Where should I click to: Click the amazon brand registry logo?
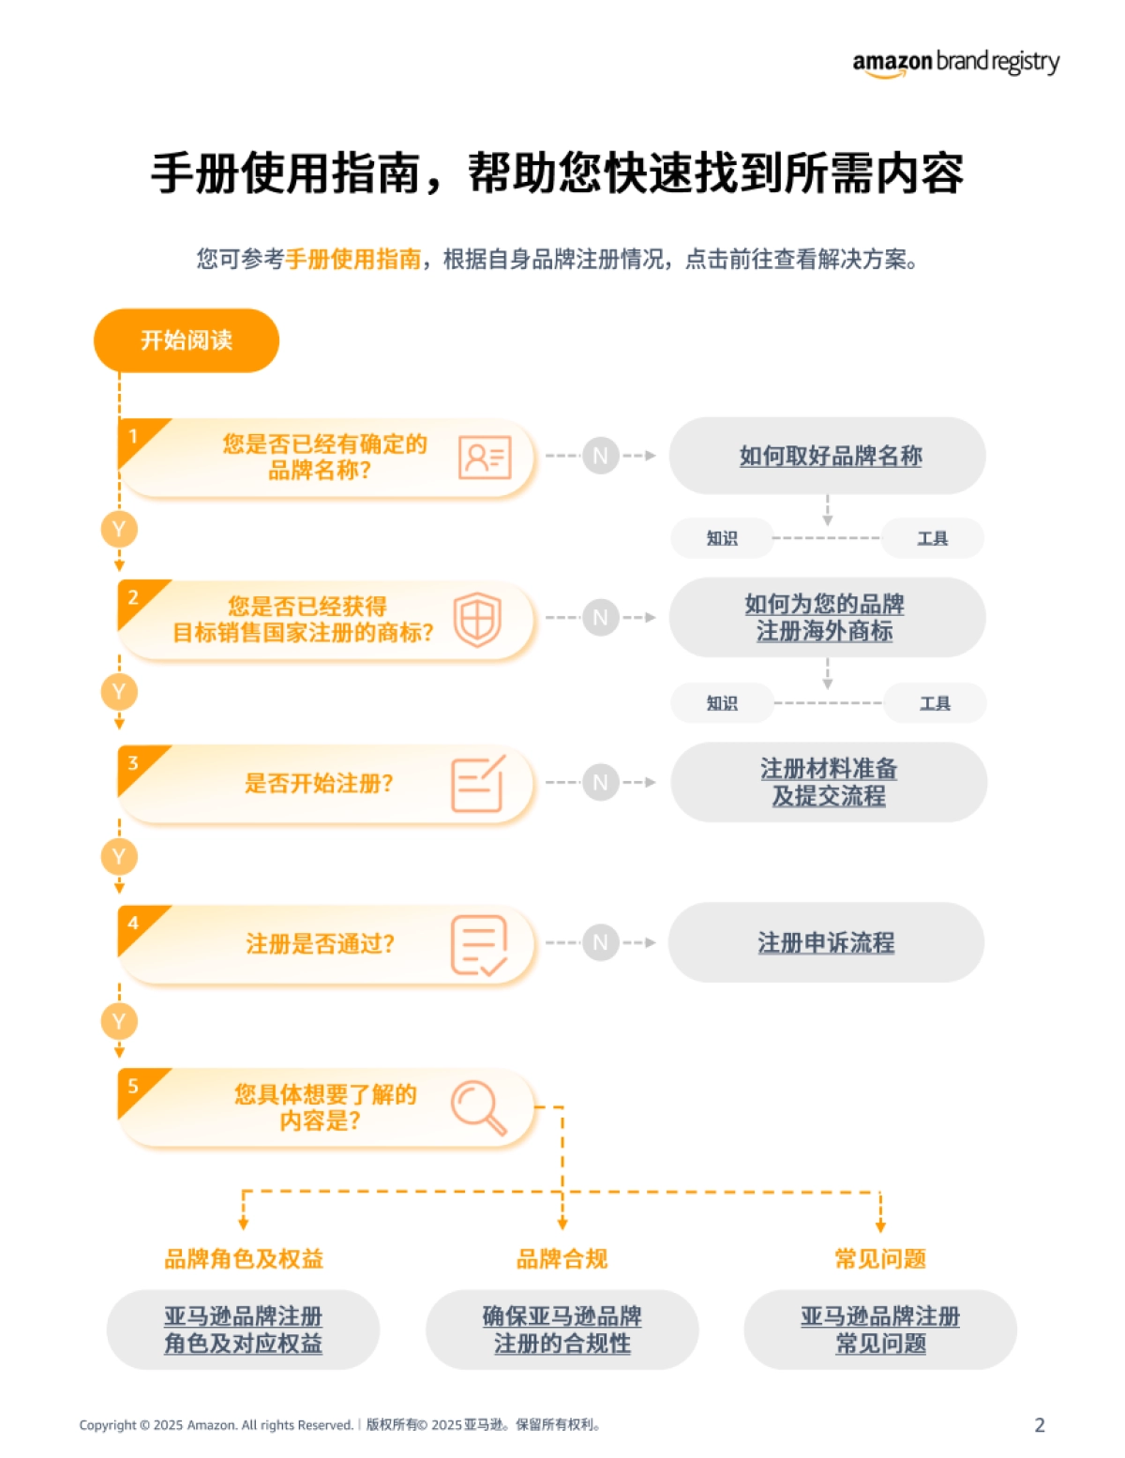tap(955, 63)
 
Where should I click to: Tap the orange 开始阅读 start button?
tap(187, 340)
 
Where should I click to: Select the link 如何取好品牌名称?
tap(830, 456)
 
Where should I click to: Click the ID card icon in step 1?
tap(484, 458)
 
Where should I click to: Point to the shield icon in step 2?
tap(477, 620)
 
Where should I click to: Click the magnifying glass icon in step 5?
tap(478, 1107)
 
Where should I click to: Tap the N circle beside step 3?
tap(600, 782)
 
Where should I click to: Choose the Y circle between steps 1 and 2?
tap(119, 530)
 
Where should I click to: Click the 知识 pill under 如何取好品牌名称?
tap(722, 538)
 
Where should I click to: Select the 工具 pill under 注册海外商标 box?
tap(935, 703)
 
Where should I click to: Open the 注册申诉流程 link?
tap(826, 942)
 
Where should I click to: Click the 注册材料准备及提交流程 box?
tap(829, 782)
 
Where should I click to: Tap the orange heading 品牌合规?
tap(562, 1258)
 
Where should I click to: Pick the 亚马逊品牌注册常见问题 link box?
tap(879, 1330)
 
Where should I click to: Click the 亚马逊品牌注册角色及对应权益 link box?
tap(243, 1330)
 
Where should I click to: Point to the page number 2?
tap(1039, 1425)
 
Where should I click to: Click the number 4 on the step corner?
tap(133, 924)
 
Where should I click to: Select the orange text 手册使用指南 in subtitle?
tap(352, 259)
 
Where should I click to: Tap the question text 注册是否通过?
tap(321, 943)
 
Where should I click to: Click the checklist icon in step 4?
tap(478, 944)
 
